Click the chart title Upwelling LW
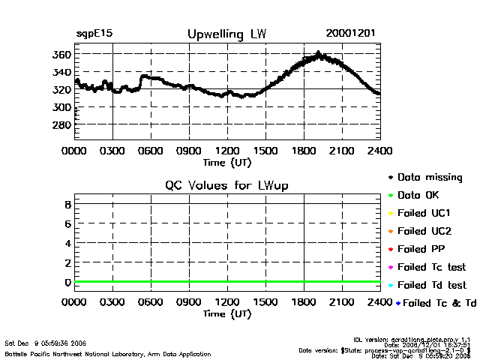point(226,34)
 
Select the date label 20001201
point(351,34)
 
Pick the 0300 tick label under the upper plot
point(112,151)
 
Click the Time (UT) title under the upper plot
point(226,161)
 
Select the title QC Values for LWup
point(226,185)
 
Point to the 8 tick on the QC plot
point(67,204)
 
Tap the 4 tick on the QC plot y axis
point(67,243)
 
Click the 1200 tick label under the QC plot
point(227,303)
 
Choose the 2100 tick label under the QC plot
point(343,303)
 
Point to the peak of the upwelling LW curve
point(319,54)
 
